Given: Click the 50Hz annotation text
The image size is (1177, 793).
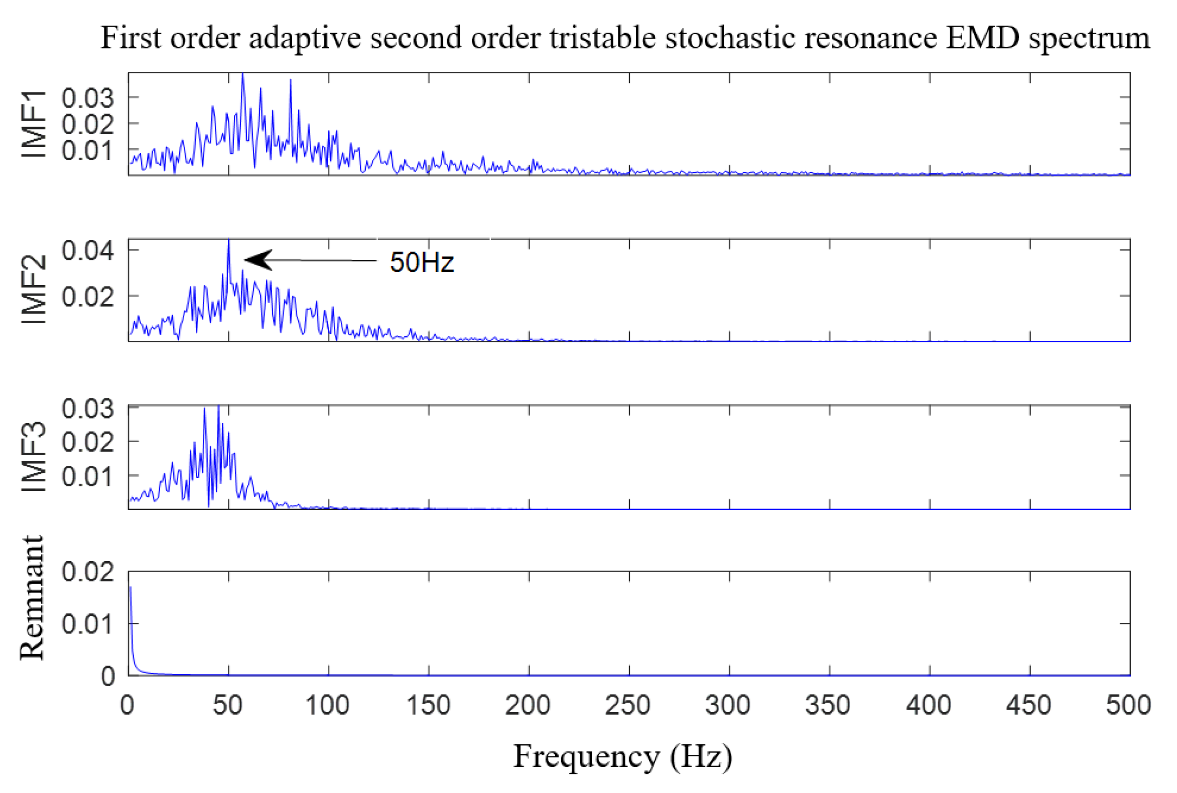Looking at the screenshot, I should coord(421,262).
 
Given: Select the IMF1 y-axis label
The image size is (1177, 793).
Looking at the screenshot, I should coord(34,124).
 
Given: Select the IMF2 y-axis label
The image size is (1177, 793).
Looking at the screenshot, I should coord(34,290).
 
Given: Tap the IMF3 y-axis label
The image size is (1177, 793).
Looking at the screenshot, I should coord(34,457).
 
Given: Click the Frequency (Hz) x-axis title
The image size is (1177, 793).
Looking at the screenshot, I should coord(623,757).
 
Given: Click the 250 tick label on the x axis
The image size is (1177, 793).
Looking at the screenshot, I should coord(627,705).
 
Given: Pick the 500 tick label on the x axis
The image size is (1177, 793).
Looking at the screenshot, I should coord(1128,705).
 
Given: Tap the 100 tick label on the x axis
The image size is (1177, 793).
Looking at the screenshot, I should coord(327,705).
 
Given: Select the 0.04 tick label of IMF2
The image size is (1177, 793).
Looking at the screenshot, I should coord(87,250).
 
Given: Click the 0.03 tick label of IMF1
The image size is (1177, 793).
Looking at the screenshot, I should coord(87,97).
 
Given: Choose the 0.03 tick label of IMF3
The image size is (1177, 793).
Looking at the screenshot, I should coord(87,408).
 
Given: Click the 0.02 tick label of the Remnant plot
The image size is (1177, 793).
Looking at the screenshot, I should coord(87,572).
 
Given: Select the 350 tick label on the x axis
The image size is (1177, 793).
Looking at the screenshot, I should coord(828,705).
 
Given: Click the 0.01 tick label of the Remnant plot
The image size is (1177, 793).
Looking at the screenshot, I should coord(87,624).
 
